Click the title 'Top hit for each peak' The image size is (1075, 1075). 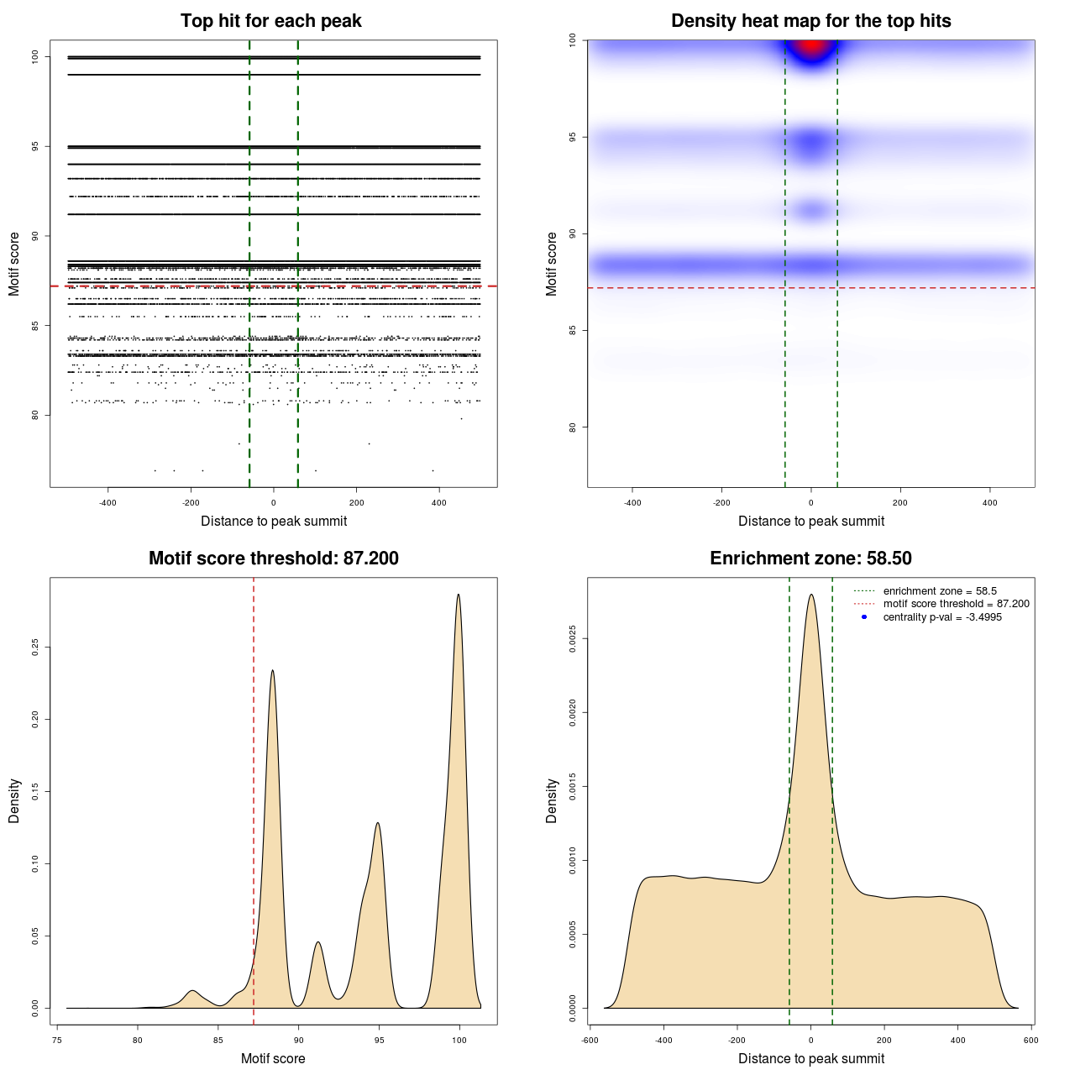pyautogui.click(x=270, y=21)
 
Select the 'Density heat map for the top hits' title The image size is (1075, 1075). pyautogui.click(x=810, y=21)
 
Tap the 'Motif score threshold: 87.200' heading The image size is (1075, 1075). pyautogui.click(x=273, y=558)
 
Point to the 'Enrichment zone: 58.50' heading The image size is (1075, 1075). pyautogui.click(x=810, y=558)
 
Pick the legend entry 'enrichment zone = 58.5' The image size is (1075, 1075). pyautogui.click(x=939, y=591)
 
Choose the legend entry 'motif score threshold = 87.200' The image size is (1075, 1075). pyautogui.click(x=956, y=604)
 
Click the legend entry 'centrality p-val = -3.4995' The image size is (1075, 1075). pyautogui.click(x=942, y=617)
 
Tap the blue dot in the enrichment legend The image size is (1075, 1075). pyautogui.click(x=864, y=617)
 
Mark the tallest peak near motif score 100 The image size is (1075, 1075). pyautogui.click(x=459, y=595)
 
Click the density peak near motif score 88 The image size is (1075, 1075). pyautogui.click(x=272, y=670)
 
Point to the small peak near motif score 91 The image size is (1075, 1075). pyautogui.click(x=317, y=942)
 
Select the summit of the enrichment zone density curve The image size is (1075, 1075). pyautogui.click(x=810, y=595)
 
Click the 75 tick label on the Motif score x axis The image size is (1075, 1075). pyautogui.click(x=56, y=1040)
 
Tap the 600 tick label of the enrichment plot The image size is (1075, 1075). pyautogui.click(x=1030, y=1040)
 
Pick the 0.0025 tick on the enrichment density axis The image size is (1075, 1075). pyautogui.click(x=573, y=639)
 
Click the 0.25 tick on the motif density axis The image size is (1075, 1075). pyautogui.click(x=35, y=648)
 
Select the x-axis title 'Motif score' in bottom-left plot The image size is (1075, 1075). pyautogui.click(x=273, y=1058)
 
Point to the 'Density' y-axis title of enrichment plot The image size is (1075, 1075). pyautogui.click(x=552, y=800)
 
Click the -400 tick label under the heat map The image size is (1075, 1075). pyautogui.click(x=632, y=503)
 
